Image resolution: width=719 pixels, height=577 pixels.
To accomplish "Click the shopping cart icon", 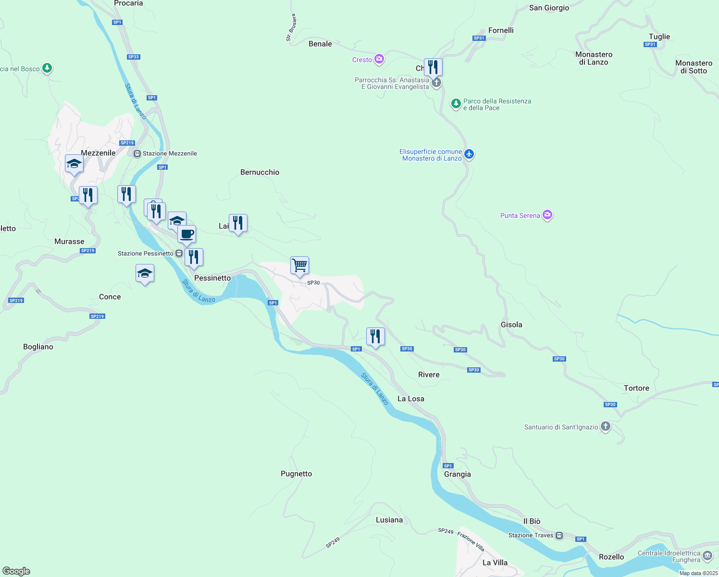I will (299, 265).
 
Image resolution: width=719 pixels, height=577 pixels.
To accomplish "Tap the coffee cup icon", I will (186, 235).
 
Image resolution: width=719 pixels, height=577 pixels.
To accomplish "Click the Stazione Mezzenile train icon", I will (137, 154).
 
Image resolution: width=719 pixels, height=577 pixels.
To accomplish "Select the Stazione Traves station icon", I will (559, 536).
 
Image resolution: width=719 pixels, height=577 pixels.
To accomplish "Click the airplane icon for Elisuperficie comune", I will (469, 154).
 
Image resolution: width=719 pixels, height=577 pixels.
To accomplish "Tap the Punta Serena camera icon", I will (547, 215).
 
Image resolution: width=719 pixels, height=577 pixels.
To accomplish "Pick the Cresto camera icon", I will (379, 59).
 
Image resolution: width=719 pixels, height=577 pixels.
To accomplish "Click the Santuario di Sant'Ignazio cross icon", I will (606, 426).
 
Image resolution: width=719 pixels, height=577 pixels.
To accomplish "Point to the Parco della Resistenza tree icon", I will (456, 103).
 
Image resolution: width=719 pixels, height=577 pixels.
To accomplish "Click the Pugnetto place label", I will (296, 474).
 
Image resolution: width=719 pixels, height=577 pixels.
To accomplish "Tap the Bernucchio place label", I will (260, 172).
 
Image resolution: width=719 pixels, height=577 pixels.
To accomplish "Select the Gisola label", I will (511, 325).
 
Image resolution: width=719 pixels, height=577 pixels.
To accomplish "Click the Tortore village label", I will (636, 388).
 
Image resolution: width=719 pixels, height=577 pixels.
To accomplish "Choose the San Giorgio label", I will (549, 8).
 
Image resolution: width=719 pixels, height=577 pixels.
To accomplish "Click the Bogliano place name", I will (38, 347).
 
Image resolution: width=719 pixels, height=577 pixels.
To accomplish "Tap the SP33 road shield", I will (134, 57).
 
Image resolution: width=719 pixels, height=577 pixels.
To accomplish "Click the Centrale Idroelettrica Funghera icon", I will (707, 556).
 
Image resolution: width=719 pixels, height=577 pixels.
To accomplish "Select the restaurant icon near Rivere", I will (375, 336).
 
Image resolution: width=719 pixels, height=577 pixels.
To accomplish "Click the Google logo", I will (16, 571).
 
